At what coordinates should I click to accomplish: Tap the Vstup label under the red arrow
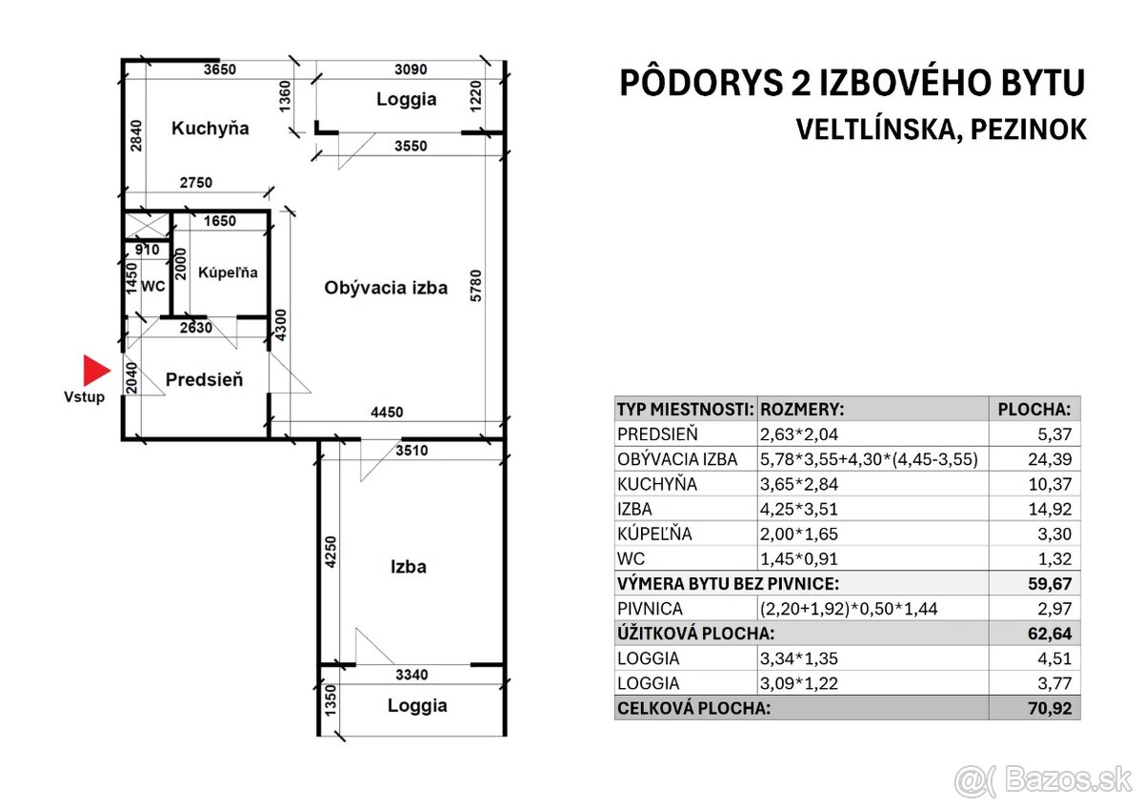pyautogui.click(x=85, y=396)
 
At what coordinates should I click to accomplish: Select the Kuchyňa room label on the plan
pyautogui.click(x=210, y=128)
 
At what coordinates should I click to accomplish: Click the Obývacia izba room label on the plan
pyautogui.click(x=386, y=287)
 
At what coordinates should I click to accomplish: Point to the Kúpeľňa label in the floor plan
pyautogui.click(x=228, y=273)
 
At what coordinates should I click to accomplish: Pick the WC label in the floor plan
pyautogui.click(x=152, y=285)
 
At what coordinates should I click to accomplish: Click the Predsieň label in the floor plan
pyautogui.click(x=204, y=379)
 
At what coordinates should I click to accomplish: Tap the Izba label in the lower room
pyautogui.click(x=408, y=567)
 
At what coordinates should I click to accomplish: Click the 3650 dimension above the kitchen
pyautogui.click(x=220, y=69)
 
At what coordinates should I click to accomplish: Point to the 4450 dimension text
pyautogui.click(x=387, y=413)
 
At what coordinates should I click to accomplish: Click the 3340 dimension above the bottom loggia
pyautogui.click(x=411, y=675)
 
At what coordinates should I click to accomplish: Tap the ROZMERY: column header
pyautogui.click(x=801, y=409)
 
